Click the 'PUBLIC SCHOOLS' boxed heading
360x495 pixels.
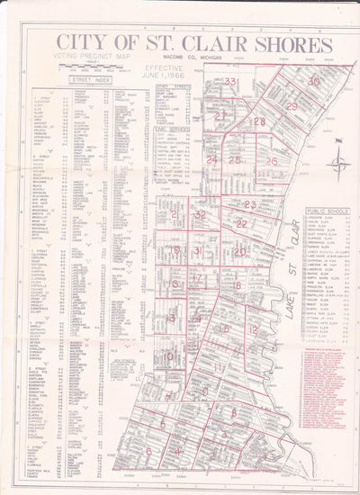point(316,212)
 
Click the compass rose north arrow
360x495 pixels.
point(338,161)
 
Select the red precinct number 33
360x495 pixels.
point(230,82)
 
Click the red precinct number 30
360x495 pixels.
point(313,81)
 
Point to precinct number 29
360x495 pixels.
point(292,106)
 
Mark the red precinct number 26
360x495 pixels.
point(271,161)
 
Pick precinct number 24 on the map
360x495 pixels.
point(211,159)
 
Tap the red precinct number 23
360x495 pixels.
point(250,204)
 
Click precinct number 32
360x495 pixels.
point(200,215)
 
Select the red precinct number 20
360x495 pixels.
point(239,252)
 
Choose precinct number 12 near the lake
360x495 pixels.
point(253,330)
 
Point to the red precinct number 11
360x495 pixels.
point(219,367)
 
